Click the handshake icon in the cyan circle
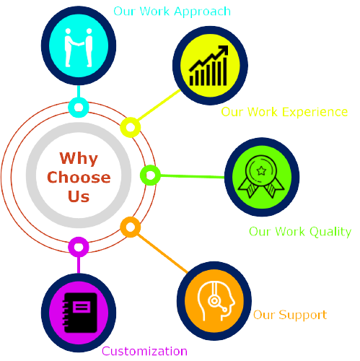click(79, 48)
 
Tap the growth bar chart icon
click(208, 66)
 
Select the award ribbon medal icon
click(261, 176)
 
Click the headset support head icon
click(216, 301)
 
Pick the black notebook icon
click(79, 313)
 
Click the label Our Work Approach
click(172, 12)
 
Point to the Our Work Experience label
click(284, 112)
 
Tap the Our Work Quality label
click(300, 232)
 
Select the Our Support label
click(290, 315)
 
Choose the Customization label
click(144, 351)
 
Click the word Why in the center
click(79, 159)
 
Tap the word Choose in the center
click(79, 178)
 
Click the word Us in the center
click(79, 196)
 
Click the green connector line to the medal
click(193, 176)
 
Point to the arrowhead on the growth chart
click(223, 50)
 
